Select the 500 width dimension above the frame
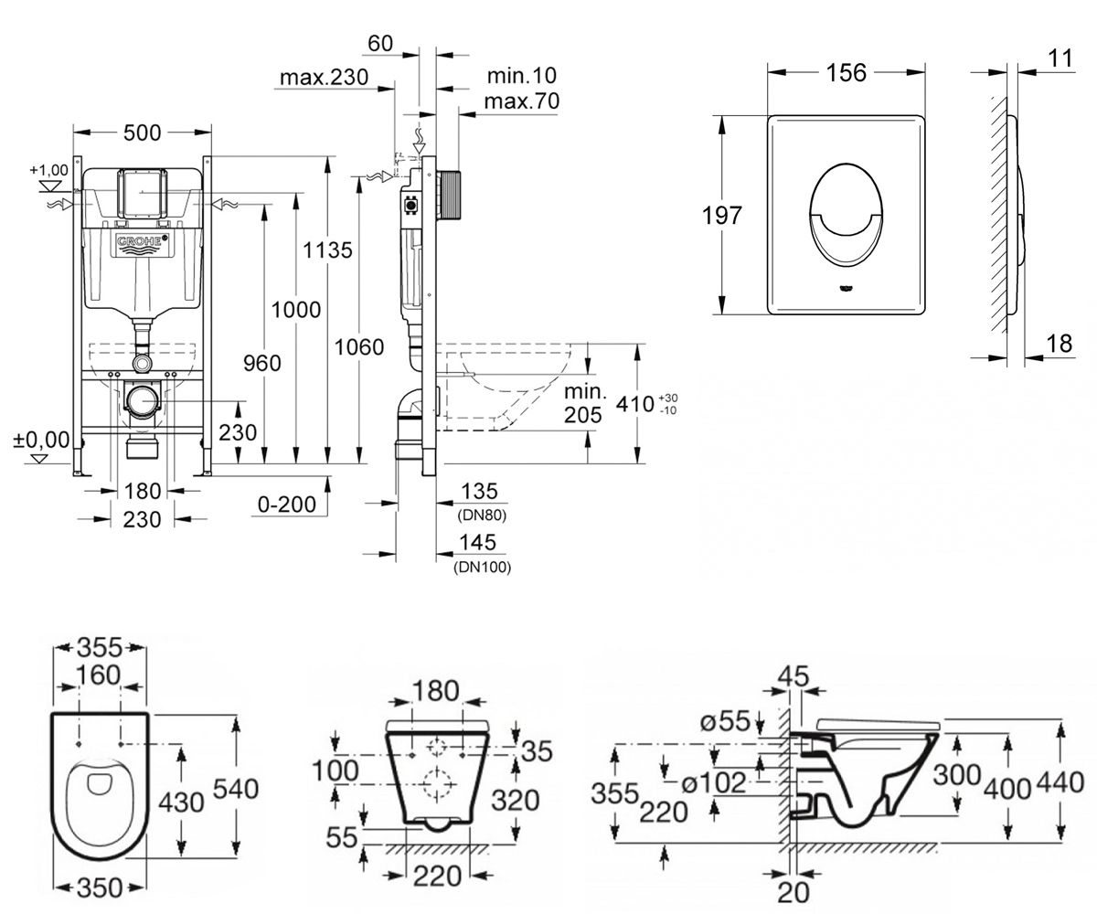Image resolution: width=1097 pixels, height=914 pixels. click(x=142, y=133)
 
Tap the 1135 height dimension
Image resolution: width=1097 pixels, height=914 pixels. click(x=327, y=250)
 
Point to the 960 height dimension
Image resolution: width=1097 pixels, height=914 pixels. click(x=261, y=363)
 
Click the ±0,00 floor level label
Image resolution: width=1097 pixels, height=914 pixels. click(x=41, y=440)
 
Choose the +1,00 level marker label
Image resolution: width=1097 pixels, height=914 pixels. click(x=48, y=170)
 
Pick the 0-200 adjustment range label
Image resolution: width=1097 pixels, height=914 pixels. click(x=287, y=505)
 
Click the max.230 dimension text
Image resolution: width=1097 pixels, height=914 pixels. click(x=325, y=77)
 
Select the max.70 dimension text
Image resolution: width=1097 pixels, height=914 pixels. click(x=522, y=101)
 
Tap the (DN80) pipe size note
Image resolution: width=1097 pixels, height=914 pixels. click(x=482, y=515)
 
